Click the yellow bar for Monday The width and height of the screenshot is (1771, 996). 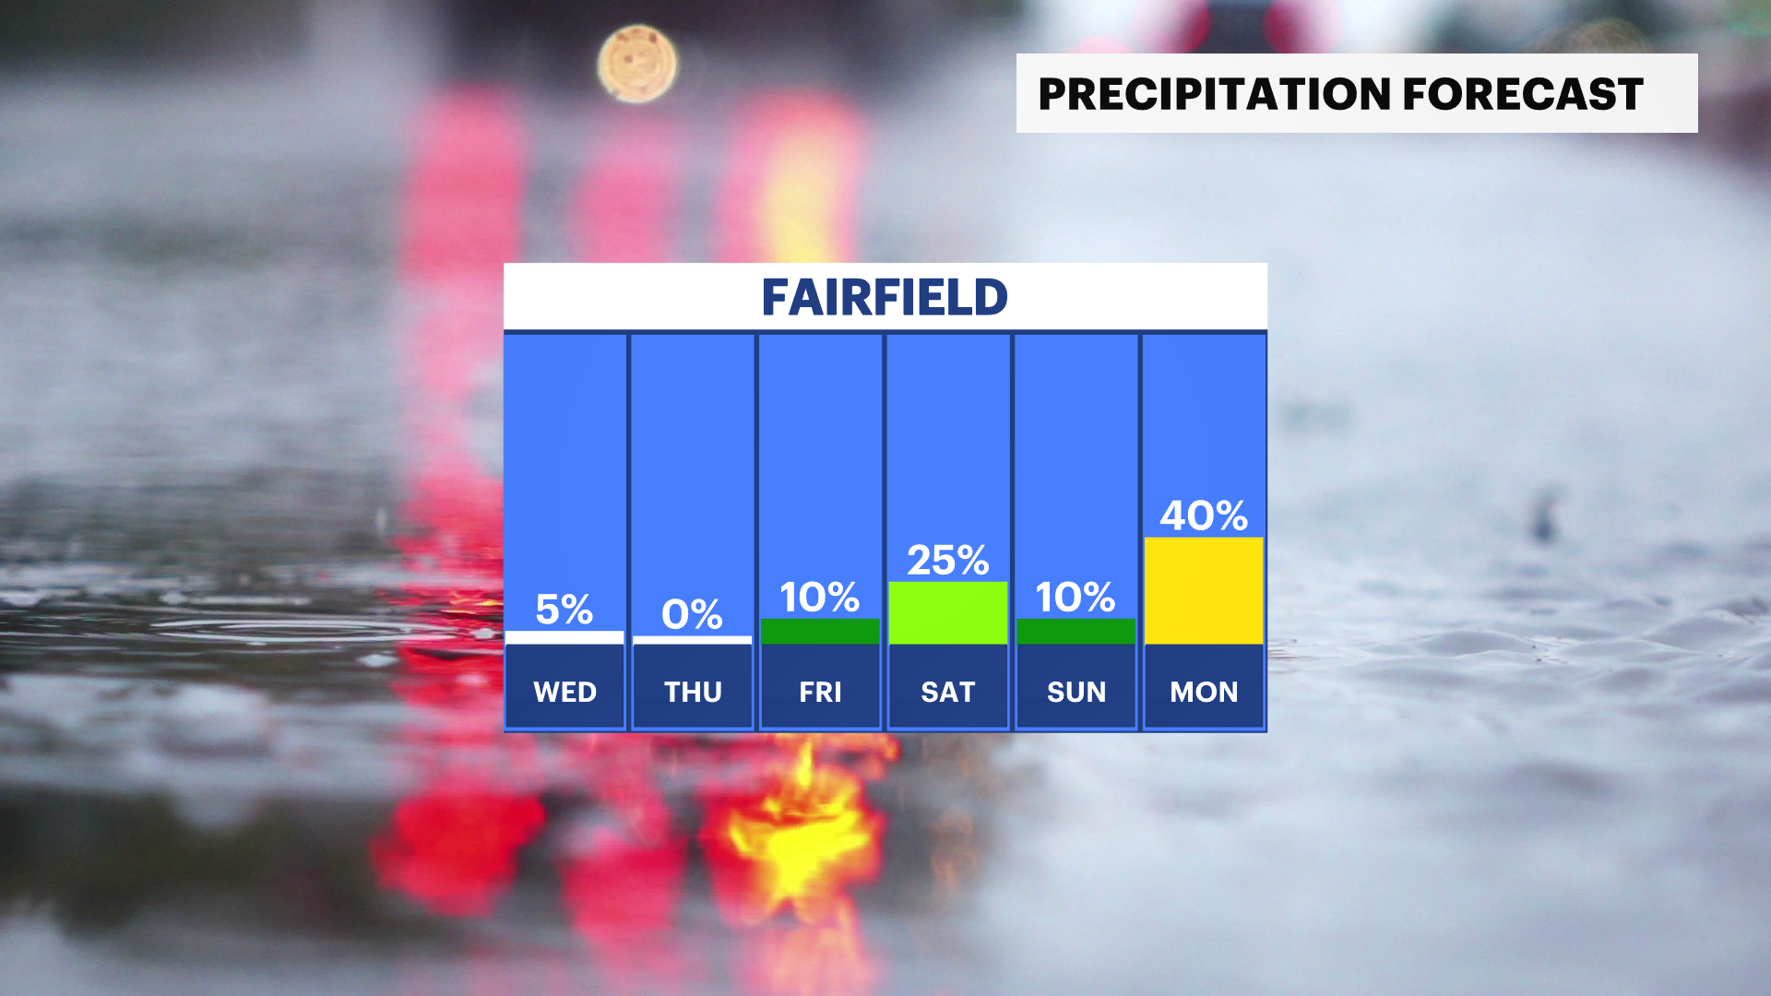pos(1204,590)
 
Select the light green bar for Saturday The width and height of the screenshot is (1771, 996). pos(947,612)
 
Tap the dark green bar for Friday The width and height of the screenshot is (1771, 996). pos(820,632)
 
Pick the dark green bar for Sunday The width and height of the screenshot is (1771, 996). pos(1076,632)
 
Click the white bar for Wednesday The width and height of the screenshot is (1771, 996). pos(565,637)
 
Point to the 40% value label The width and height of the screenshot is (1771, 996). pos(1204,516)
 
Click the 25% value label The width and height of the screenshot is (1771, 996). pos(947,561)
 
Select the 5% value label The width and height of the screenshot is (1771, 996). pos(565,610)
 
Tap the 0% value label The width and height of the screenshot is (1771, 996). pos(692,614)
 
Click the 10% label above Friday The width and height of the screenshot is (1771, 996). pos(820,598)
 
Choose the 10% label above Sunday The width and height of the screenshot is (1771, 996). pos(1076,598)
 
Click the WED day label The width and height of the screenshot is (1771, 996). pos(565,692)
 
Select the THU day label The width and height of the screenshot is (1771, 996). pos(693,692)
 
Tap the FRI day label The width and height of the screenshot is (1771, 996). pos(820,692)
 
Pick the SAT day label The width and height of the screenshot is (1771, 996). pos(947,692)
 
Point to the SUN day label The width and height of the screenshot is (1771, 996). pos(1076,692)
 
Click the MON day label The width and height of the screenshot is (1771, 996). pos(1204,692)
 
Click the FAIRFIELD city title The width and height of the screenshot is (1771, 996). pos(885,297)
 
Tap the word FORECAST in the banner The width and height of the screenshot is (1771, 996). pos(1523,94)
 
